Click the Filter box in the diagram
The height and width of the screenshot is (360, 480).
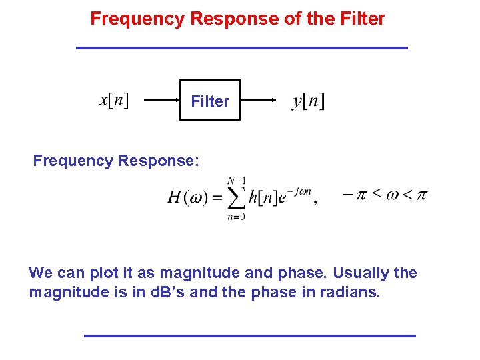coord(210,101)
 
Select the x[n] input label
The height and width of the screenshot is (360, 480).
coord(114,100)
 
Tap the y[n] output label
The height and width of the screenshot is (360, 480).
coord(308,101)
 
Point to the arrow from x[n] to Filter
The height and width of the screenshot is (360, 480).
coord(161,101)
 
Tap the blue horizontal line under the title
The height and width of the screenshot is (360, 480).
coord(241,48)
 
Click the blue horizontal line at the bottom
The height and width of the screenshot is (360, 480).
coord(249,335)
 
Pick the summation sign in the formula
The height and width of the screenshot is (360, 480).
coord(235,197)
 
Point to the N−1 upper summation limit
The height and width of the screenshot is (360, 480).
coord(235,180)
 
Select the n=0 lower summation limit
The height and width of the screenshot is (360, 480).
coord(235,216)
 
